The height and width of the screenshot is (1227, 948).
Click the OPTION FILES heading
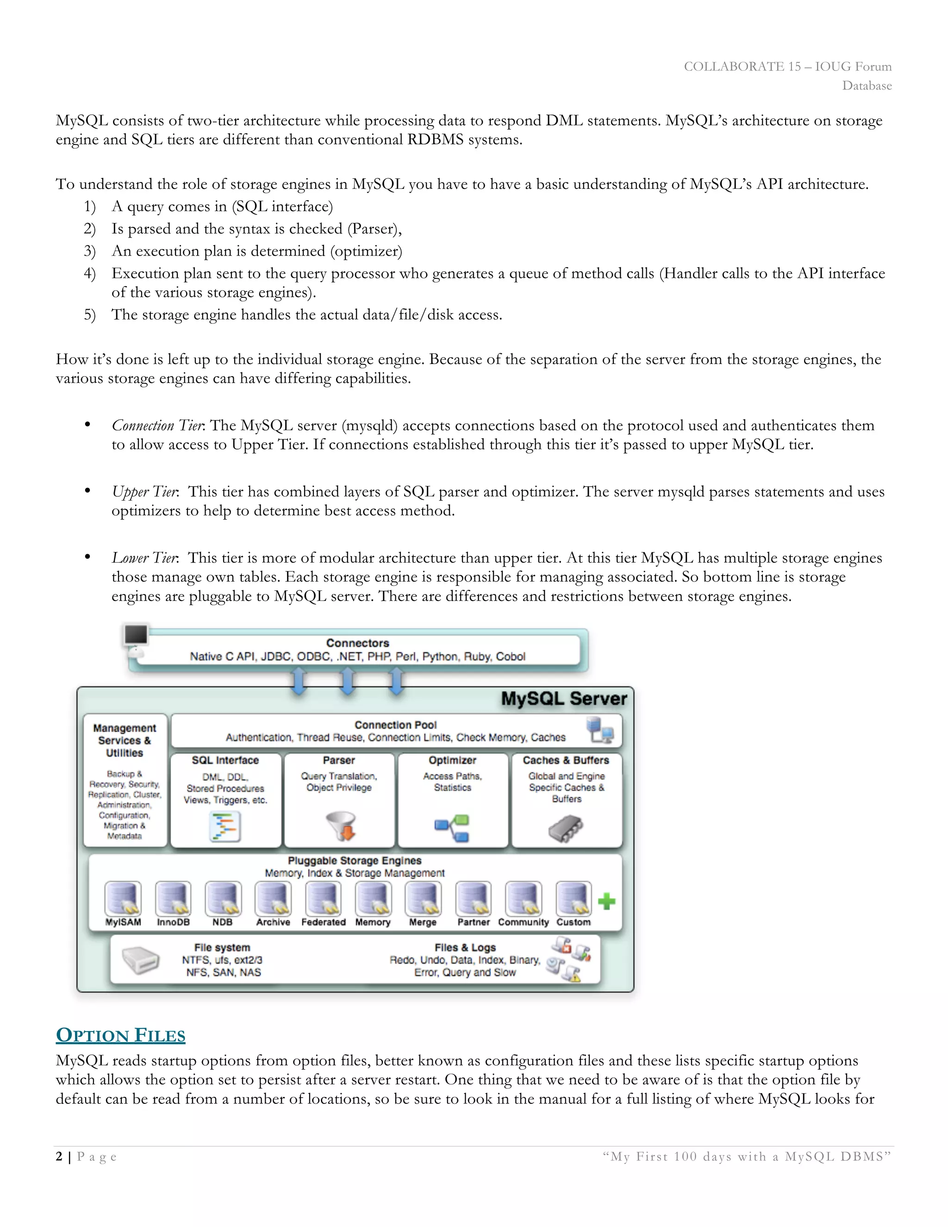120,1035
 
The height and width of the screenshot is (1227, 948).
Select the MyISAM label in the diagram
123,922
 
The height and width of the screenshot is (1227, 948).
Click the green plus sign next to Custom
606,901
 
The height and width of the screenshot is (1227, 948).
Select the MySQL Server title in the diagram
563,699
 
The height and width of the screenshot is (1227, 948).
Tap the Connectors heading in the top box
357,643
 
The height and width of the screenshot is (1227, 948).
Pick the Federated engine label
323,922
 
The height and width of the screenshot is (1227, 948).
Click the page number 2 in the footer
59,1156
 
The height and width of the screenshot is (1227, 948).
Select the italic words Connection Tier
158,426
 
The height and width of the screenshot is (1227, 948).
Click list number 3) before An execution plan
90,251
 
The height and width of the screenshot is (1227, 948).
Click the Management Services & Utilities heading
125,740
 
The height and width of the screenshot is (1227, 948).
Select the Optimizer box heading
452,760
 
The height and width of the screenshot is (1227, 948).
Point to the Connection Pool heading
395,725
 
